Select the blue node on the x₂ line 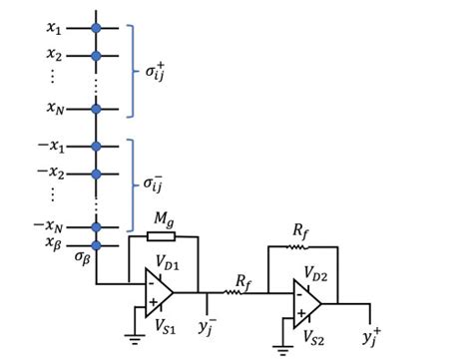click(x=97, y=55)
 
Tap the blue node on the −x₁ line click(x=97, y=147)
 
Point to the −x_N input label click(x=50, y=224)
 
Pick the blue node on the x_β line click(x=97, y=243)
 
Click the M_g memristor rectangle click(x=162, y=237)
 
